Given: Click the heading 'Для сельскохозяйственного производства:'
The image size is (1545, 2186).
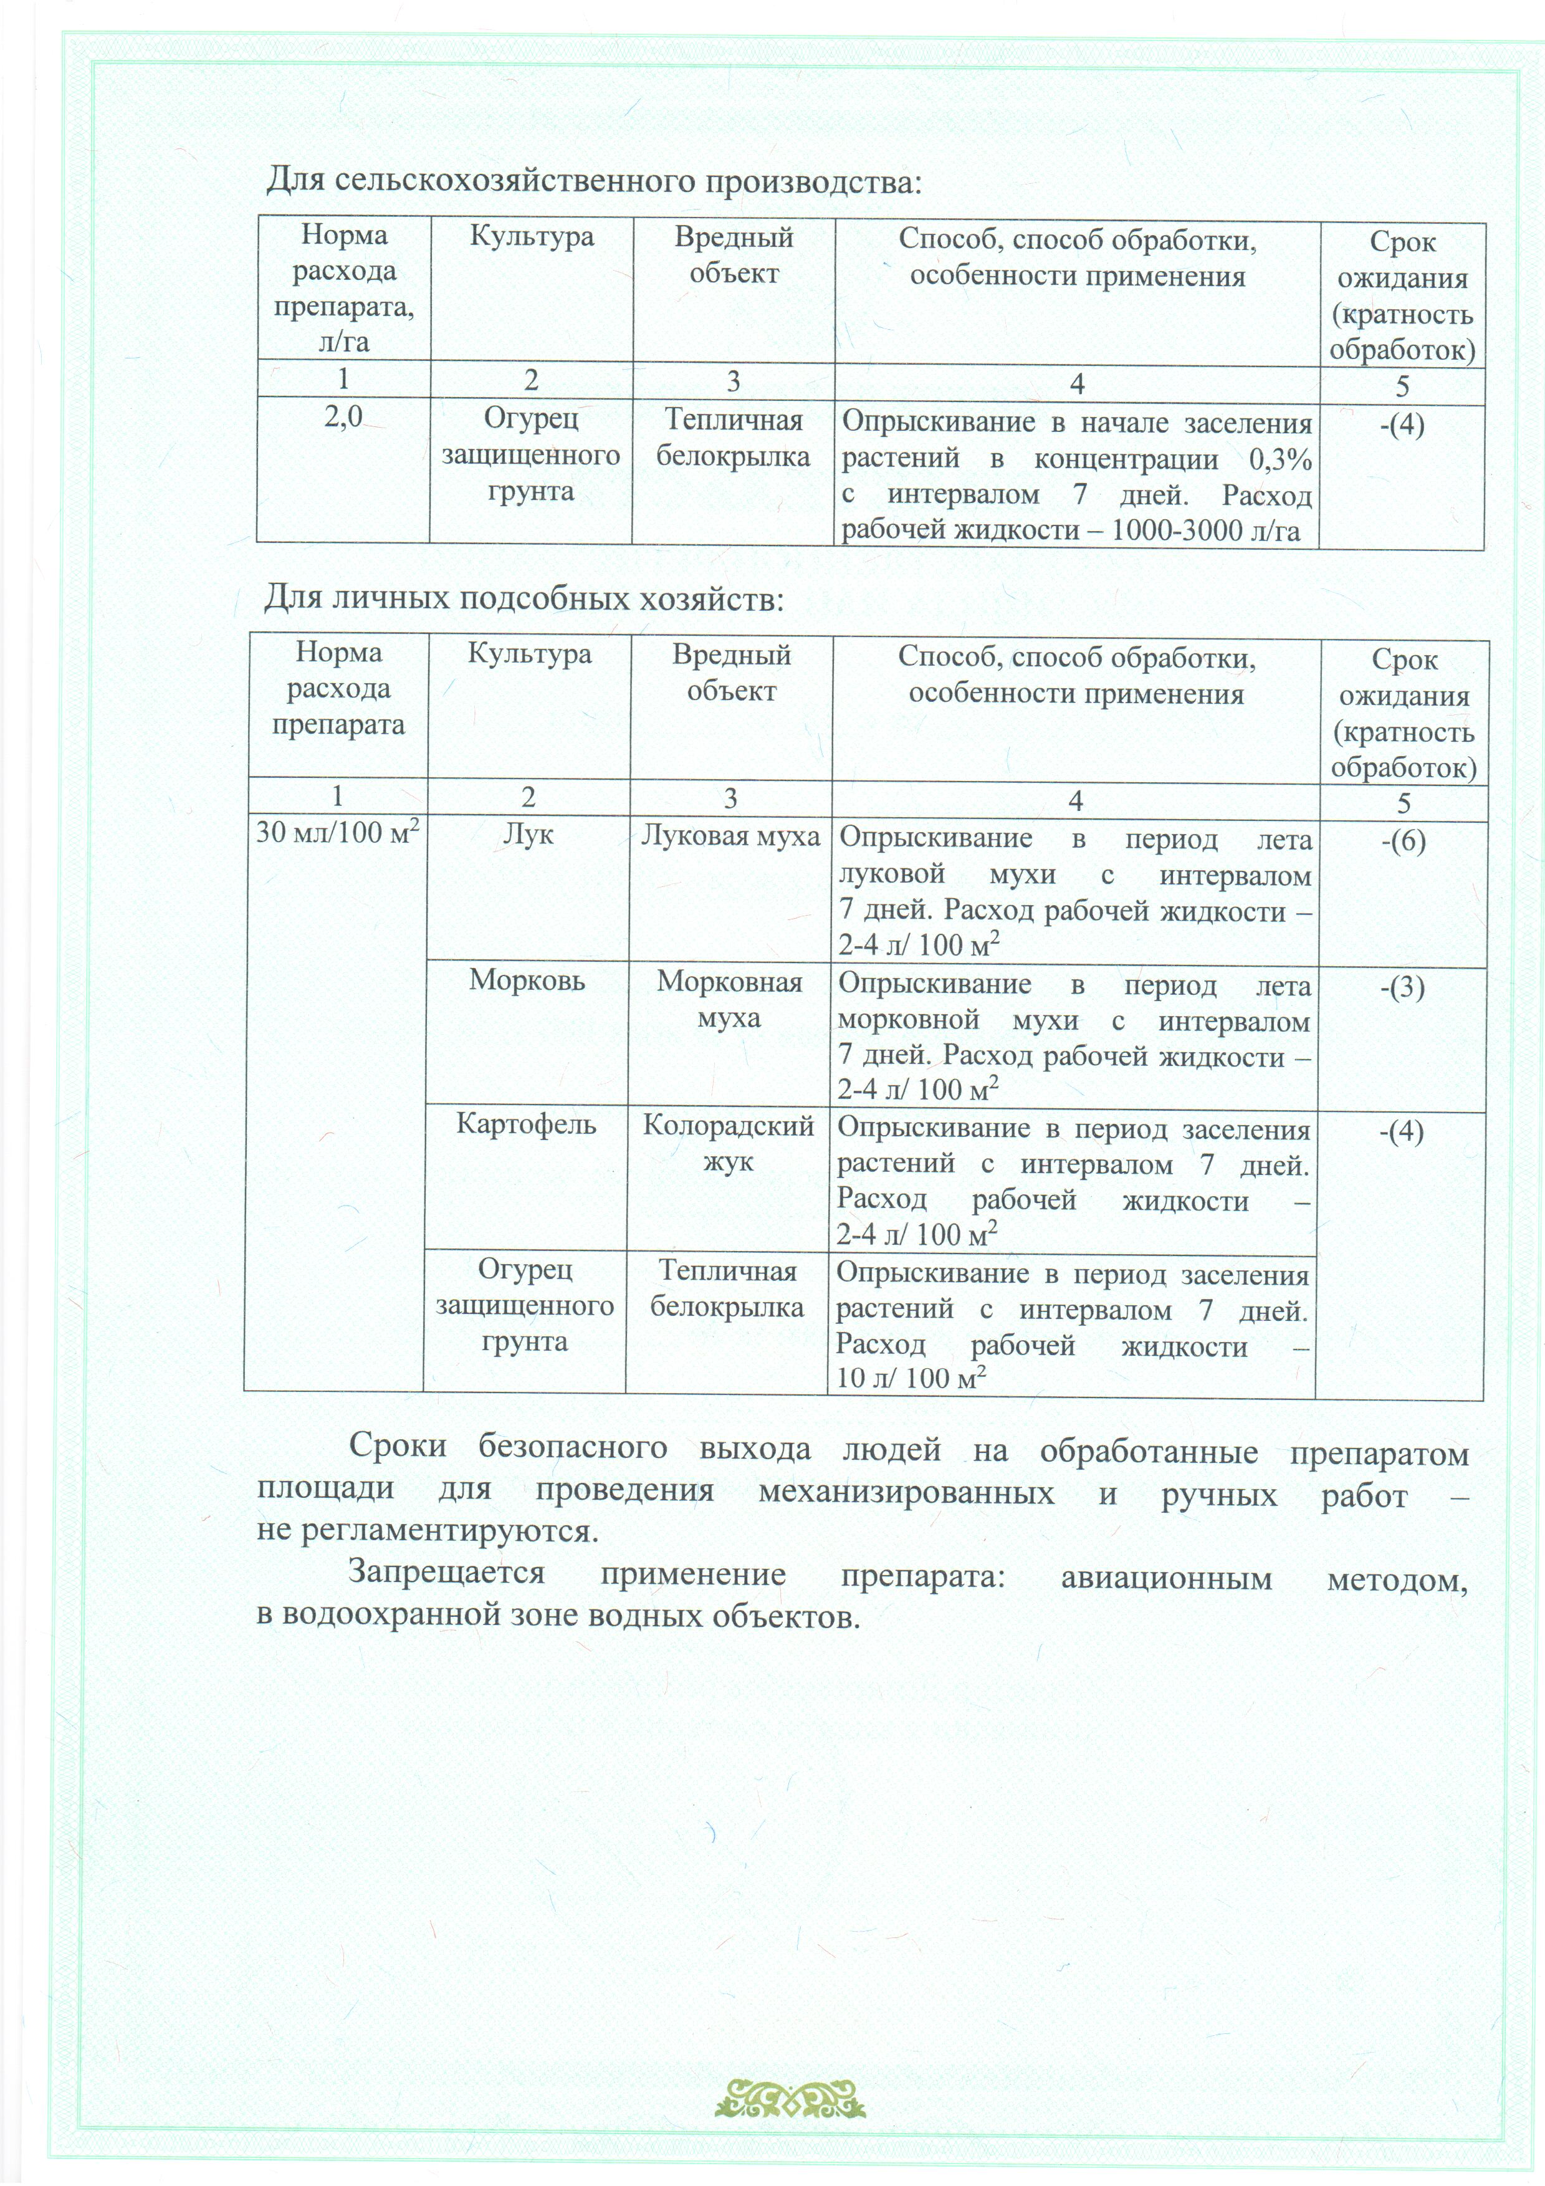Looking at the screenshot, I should click(593, 180).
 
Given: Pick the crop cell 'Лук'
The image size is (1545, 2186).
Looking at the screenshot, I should click(527, 834).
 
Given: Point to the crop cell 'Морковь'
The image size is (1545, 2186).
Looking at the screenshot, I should click(527, 980).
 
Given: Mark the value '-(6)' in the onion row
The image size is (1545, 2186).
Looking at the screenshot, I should click(1402, 841).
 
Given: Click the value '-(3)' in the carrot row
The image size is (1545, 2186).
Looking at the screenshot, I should click(1402, 987).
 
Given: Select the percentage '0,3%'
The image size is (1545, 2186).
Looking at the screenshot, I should click(1280, 460).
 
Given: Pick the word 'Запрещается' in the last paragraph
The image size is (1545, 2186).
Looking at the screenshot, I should click(446, 1572).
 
